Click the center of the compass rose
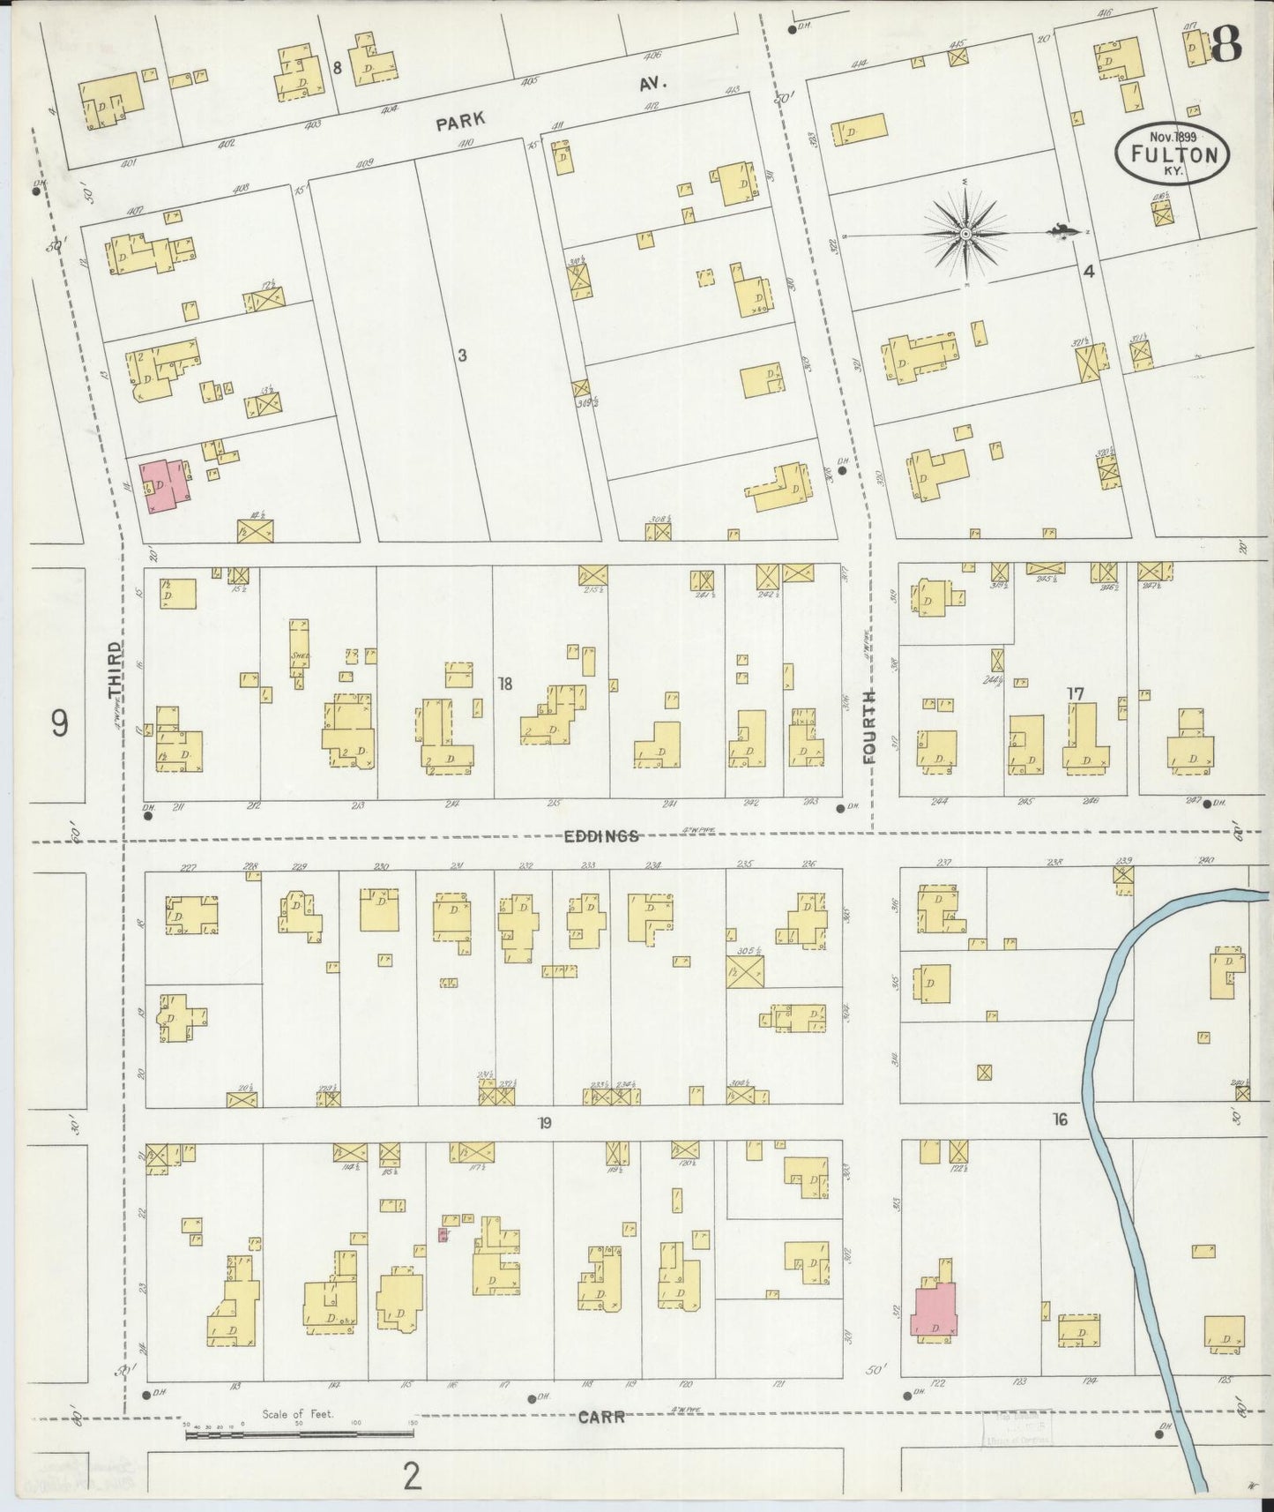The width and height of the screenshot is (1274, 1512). (966, 234)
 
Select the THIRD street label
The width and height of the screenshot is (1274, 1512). (115, 671)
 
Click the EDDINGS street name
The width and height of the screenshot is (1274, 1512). (601, 836)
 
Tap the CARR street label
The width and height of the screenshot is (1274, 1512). (602, 1417)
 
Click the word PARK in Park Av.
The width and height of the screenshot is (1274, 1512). (461, 121)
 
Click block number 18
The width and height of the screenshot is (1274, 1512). (504, 683)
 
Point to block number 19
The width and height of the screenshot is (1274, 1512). (546, 1123)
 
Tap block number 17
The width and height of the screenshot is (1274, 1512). (1075, 694)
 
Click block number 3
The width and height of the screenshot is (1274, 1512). (461, 356)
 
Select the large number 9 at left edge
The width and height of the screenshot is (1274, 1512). (58, 723)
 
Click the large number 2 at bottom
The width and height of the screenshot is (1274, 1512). (411, 1476)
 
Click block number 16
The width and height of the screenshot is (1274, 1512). (1060, 1119)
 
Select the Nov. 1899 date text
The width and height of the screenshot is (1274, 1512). (1172, 137)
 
